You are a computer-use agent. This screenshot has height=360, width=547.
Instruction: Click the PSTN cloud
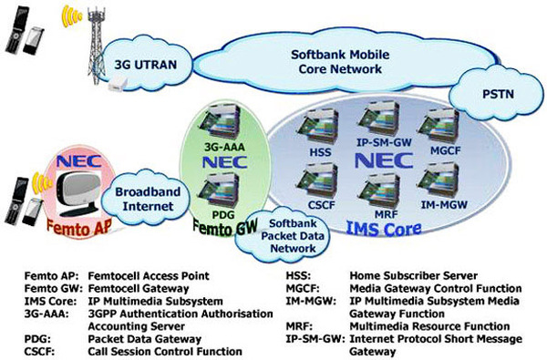click(499, 94)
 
